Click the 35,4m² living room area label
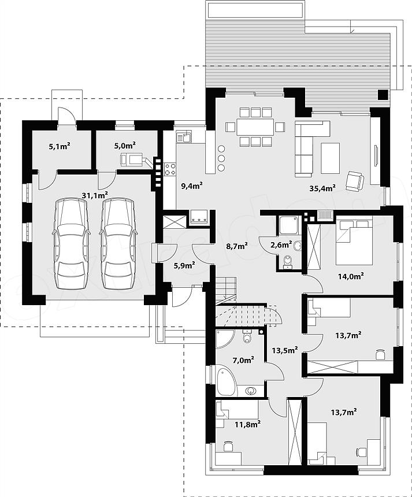pyautogui.click(x=322, y=188)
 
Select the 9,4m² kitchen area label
pyautogui.click(x=192, y=186)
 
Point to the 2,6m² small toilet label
pyautogui.click(x=281, y=244)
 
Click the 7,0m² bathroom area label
pyautogui.click(x=243, y=360)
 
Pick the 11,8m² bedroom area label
pyautogui.click(x=248, y=424)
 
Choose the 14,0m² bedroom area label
pyautogui.click(x=351, y=276)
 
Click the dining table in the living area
pyautogui.click(x=255, y=127)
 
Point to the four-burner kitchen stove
pyautogui.click(x=170, y=169)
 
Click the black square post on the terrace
pyautogui.click(x=383, y=94)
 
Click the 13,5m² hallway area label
pyautogui.click(x=285, y=350)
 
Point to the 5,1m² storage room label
pyautogui.click(x=60, y=146)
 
